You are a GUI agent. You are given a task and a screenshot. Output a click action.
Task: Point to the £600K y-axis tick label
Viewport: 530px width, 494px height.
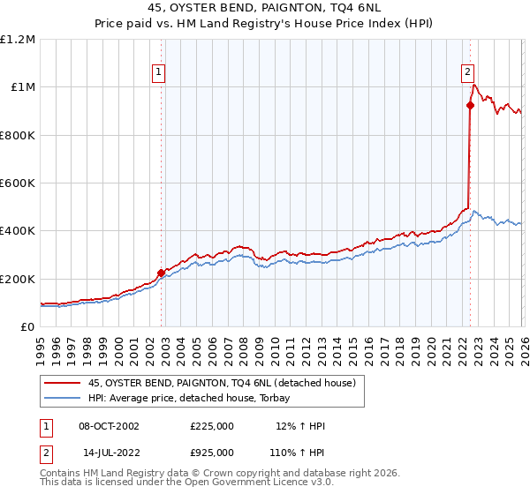click(19, 183)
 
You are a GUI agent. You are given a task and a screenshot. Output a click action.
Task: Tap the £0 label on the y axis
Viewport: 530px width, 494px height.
click(28, 327)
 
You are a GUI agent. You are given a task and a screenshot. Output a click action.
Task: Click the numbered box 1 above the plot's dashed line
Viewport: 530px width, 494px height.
click(158, 73)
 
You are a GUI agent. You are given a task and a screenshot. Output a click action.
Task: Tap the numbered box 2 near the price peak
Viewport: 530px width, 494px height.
click(466, 73)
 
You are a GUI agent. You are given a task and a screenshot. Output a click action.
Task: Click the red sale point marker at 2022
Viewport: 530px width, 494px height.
click(470, 106)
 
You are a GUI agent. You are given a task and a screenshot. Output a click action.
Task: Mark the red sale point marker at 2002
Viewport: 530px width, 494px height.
click(162, 273)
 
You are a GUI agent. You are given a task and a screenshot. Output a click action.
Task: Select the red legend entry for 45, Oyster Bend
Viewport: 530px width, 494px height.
click(221, 383)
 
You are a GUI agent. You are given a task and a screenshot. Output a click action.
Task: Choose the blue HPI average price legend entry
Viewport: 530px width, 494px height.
click(194, 398)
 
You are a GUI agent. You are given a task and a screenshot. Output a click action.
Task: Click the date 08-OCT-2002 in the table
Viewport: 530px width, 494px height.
click(109, 426)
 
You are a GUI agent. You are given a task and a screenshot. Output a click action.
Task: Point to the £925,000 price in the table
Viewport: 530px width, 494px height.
click(211, 452)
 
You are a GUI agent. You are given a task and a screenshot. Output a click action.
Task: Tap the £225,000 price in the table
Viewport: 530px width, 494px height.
click(211, 426)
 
